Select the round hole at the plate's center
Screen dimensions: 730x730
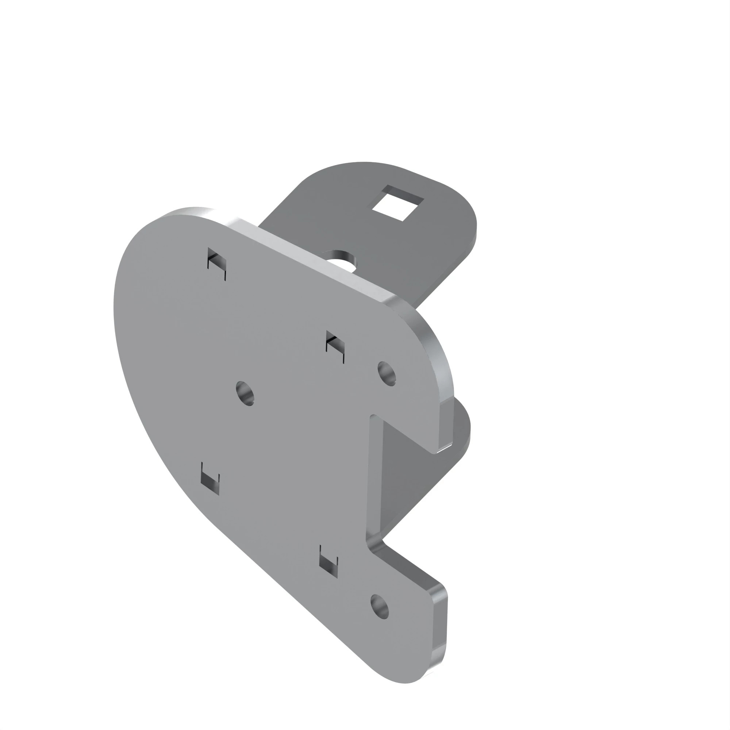coord(245,393)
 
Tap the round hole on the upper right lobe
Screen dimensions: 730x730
coord(387,374)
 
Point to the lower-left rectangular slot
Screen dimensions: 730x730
coord(210,479)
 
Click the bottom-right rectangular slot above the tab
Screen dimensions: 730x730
coord(328,561)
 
